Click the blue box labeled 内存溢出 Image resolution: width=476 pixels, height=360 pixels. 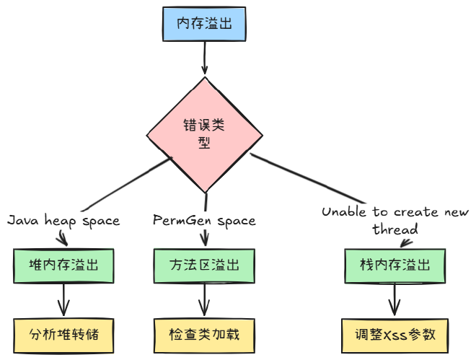[206, 25]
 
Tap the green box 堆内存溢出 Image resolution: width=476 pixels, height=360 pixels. [65, 265]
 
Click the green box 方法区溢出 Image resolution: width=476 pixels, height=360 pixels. [205, 265]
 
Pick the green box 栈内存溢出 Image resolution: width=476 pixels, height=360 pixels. [395, 265]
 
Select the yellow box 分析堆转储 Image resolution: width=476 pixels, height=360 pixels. [66, 335]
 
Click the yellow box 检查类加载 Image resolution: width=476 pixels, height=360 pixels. [205, 335]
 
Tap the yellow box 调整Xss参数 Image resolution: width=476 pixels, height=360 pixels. [395, 336]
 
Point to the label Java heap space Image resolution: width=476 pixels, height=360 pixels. [63, 220]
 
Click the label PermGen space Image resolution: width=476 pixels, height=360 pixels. [204, 220]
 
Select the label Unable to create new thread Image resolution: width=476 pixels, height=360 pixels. [395, 220]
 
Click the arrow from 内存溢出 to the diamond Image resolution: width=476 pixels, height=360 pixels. [206, 57]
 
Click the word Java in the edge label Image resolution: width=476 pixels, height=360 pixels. [22, 220]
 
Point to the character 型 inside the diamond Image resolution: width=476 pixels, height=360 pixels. [204, 142]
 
